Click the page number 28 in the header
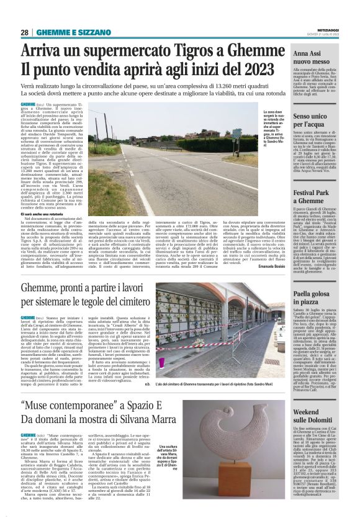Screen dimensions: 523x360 point(25,32)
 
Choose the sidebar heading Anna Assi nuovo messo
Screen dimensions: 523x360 point(310,59)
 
